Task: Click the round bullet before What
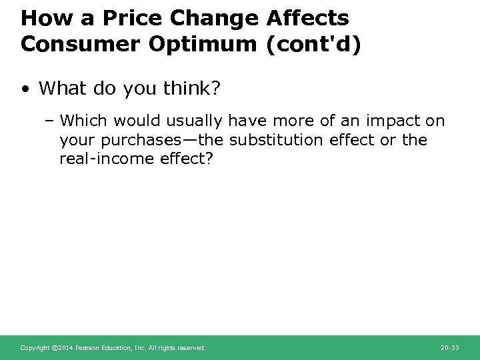click(x=26, y=89)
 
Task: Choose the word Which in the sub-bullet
click(x=82, y=121)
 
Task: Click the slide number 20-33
click(x=449, y=348)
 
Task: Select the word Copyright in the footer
click(x=34, y=348)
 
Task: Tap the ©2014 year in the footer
click(x=61, y=348)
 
